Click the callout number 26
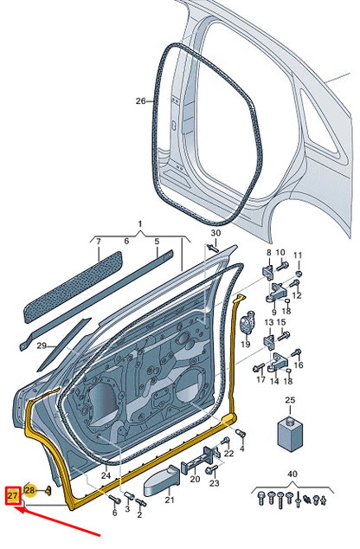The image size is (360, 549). (142, 101)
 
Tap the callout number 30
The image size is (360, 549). (215, 235)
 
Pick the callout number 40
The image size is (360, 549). (292, 475)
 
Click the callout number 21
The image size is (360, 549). (169, 500)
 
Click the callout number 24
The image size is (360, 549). (106, 475)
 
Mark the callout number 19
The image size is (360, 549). (246, 344)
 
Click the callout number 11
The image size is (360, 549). (298, 255)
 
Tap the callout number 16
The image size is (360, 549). (299, 366)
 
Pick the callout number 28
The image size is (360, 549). (30, 491)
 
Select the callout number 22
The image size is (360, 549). (228, 453)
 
